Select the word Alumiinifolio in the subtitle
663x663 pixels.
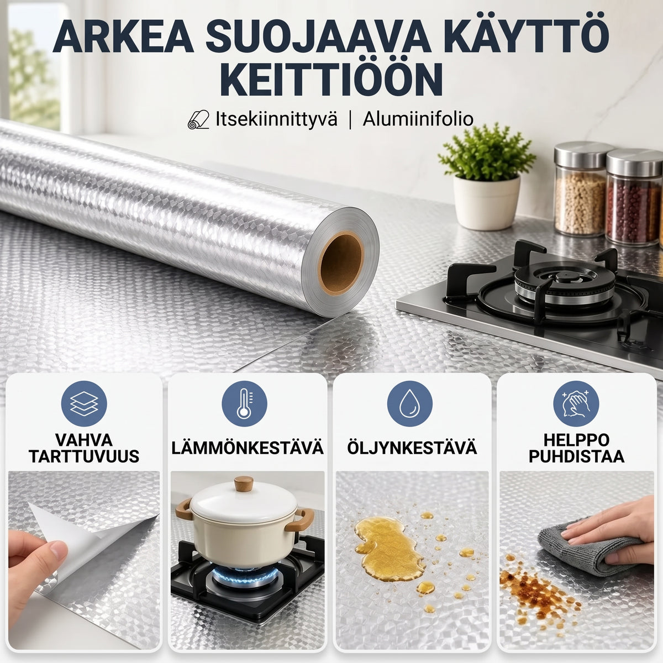pyautogui.click(x=418, y=119)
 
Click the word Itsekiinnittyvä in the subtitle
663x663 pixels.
pyautogui.click(x=276, y=120)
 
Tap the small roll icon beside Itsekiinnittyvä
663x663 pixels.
pyautogui.click(x=198, y=119)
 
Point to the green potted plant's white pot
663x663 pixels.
pyautogui.click(x=486, y=202)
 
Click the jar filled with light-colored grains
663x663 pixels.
pyautogui.click(x=580, y=189)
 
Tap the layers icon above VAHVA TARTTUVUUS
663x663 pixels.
pyautogui.click(x=84, y=403)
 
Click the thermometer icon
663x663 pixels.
pyautogui.click(x=244, y=403)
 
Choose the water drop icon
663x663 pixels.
pyautogui.click(x=409, y=403)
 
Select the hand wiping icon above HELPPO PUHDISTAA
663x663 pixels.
pyautogui.click(x=576, y=403)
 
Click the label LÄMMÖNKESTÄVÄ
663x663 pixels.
pyautogui.click(x=248, y=448)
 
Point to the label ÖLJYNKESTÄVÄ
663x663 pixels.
pyautogui.click(x=412, y=448)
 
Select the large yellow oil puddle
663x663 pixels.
pyautogui.click(x=390, y=549)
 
